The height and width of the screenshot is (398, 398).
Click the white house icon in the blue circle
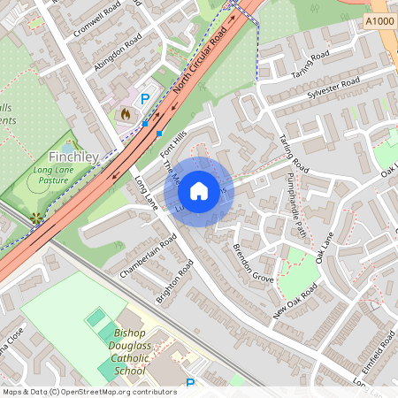199,189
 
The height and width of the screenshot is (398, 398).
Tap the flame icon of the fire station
125,113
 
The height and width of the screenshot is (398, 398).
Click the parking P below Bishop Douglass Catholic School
190,384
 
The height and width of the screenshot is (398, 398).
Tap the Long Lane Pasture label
51,174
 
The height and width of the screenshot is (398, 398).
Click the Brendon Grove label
254,256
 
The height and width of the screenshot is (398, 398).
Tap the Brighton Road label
174,281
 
